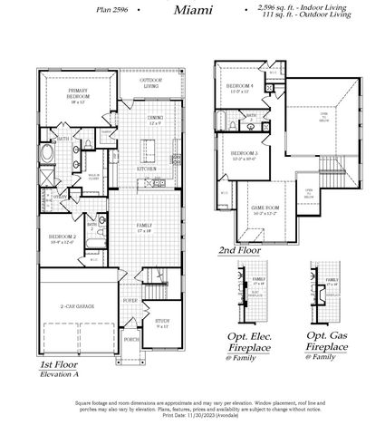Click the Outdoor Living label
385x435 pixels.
tap(149, 84)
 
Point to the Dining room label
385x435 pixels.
tap(155, 120)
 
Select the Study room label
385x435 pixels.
tap(161, 322)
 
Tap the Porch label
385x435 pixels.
tap(132, 343)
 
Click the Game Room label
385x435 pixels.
tap(265, 211)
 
